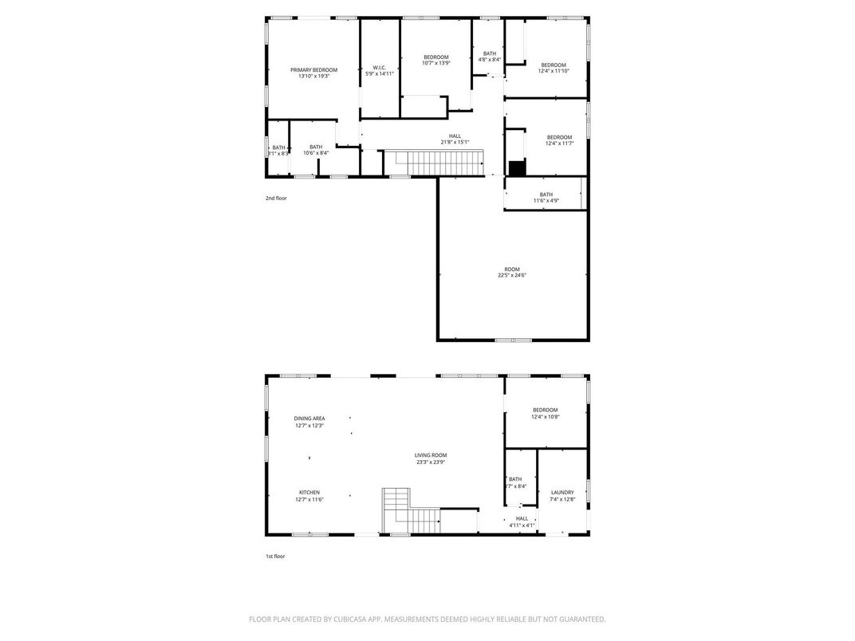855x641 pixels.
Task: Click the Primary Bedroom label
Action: tap(313, 70)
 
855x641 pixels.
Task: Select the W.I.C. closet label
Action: tap(380, 67)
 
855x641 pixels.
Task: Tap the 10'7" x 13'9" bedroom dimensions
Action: tap(435, 63)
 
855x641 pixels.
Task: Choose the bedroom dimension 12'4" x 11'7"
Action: tap(558, 144)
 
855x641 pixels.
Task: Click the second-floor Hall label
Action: tap(455, 136)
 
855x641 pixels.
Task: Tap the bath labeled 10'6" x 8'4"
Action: tap(316, 147)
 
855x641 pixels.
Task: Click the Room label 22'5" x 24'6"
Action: tap(511, 269)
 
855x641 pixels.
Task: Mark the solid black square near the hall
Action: tap(518, 167)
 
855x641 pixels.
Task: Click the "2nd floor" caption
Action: tap(276, 198)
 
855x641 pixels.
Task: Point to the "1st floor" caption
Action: tap(275, 556)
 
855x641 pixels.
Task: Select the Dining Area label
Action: tap(309, 419)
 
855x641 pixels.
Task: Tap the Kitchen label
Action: tap(309, 493)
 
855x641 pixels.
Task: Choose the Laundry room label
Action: tap(562, 493)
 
